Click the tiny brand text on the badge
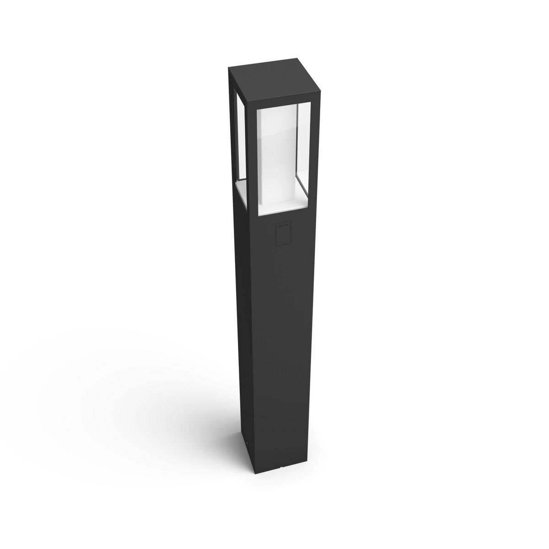click(281, 226)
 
